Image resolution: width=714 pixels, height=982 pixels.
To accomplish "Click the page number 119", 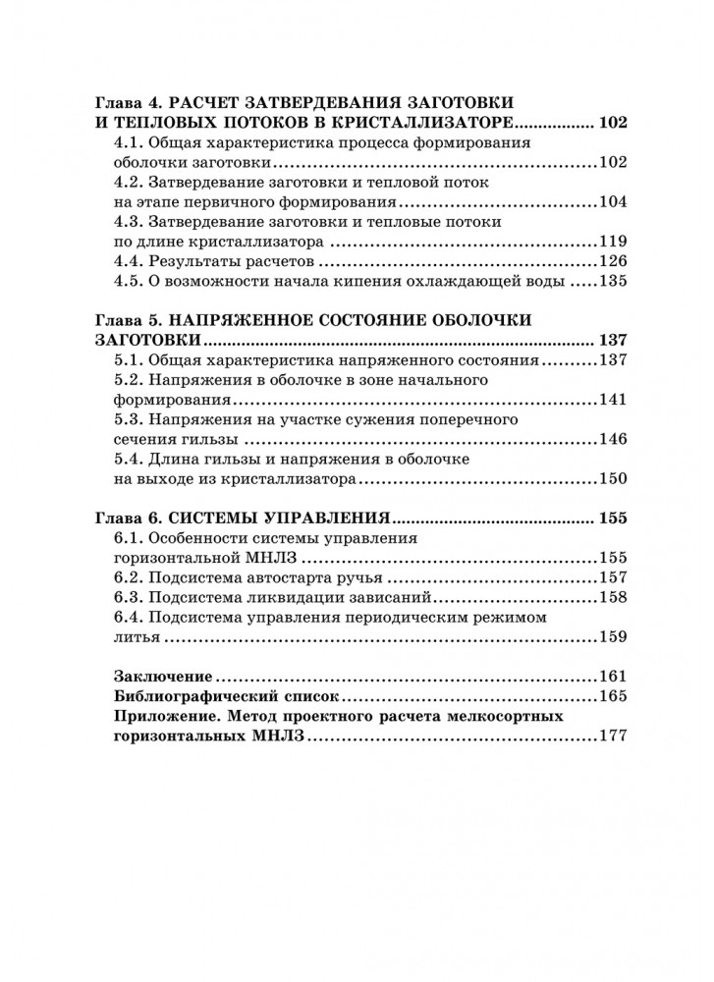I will (x=613, y=242).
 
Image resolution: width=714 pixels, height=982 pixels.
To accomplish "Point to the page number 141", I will (x=613, y=400).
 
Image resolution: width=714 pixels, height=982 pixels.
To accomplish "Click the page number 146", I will (x=613, y=439).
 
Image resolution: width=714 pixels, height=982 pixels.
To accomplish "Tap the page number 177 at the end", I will (x=613, y=736).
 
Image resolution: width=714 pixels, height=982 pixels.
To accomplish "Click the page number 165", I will (x=613, y=697).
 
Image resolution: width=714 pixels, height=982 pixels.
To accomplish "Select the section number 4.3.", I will (x=130, y=222).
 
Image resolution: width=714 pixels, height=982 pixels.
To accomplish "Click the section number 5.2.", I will (x=130, y=380).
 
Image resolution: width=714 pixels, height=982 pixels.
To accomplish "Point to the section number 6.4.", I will (x=130, y=618).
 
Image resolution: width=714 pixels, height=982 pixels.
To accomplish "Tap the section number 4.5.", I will (x=130, y=282).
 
